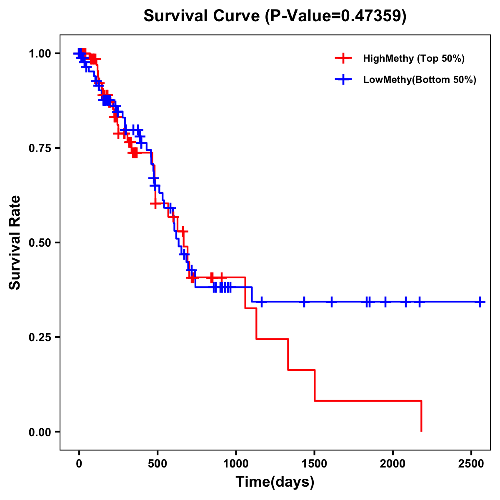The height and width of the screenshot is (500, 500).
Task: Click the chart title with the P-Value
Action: (275, 16)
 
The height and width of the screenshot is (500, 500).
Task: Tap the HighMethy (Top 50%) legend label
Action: (414, 58)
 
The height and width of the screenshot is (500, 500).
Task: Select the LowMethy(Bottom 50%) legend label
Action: (420, 80)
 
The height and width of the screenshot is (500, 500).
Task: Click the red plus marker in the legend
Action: (343, 58)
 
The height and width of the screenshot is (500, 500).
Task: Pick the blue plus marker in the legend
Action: (343, 80)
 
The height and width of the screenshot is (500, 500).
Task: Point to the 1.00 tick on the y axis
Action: (40, 54)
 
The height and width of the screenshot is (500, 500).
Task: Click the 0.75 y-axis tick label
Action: (40, 148)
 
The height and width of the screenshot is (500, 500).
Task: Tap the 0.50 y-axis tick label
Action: (40, 243)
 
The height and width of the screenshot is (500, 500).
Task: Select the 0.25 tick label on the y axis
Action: (40, 337)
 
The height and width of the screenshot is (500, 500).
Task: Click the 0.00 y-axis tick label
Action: (40, 432)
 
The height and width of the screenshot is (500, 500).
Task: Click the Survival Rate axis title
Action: (15, 242)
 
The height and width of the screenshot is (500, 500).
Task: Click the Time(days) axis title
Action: (275, 482)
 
